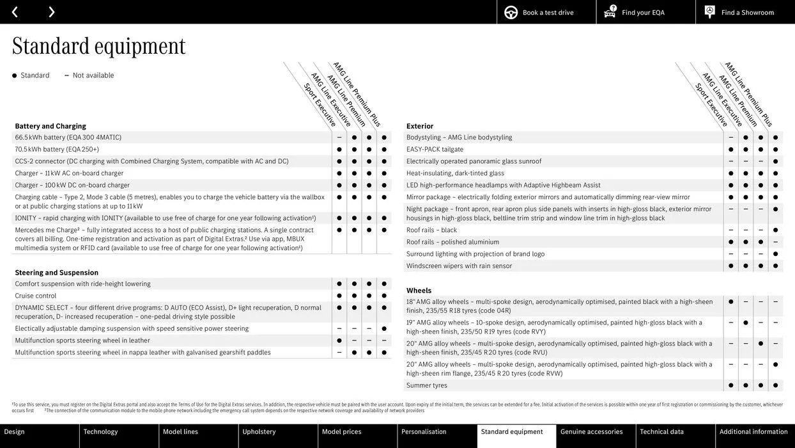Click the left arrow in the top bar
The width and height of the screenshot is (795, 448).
click(x=15, y=12)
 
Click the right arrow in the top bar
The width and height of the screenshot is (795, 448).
click(x=51, y=12)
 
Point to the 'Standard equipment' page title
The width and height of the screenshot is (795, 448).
click(x=98, y=46)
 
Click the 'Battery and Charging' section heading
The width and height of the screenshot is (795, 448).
click(x=50, y=126)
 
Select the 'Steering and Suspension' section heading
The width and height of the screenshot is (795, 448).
click(x=56, y=273)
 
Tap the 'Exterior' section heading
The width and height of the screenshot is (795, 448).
click(x=420, y=126)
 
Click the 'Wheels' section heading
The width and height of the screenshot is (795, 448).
click(x=419, y=291)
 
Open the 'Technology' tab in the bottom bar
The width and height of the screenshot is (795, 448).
click(x=100, y=432)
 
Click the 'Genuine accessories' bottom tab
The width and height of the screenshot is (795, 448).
click(x=591, y=432)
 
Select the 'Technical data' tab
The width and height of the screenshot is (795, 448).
click(x=661, y=432)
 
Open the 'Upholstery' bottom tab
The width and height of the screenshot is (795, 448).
click(x=259, y=432)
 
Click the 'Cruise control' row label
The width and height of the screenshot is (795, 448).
click(x=36, y=296)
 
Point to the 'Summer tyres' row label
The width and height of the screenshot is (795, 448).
click(x=427, y=385)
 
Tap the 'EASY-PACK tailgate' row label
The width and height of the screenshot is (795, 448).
click(x=435, y=149)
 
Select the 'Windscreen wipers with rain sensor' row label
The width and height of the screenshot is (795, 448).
click(x=459, y=266)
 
